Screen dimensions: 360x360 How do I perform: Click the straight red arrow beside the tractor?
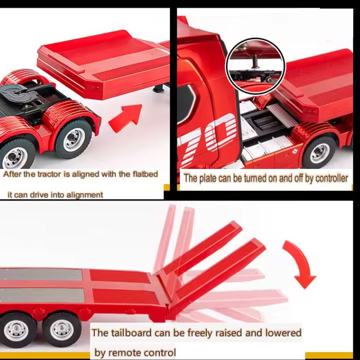(x=126, y=118)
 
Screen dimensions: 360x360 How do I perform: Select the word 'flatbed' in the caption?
(x=145, y=174)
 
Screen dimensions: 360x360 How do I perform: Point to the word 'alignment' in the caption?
(x=85, y=195)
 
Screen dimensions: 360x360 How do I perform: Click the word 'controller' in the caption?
(x=332, y=178)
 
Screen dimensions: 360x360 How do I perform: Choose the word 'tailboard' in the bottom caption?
(x=132, y=333)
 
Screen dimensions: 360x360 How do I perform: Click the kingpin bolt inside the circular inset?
(x=255, y=62)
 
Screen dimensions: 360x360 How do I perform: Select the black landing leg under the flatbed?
(x=159, y=88)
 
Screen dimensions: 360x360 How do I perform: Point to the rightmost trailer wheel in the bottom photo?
(x=62, y=329)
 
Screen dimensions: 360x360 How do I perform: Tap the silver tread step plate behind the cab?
(x=281, y=116)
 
